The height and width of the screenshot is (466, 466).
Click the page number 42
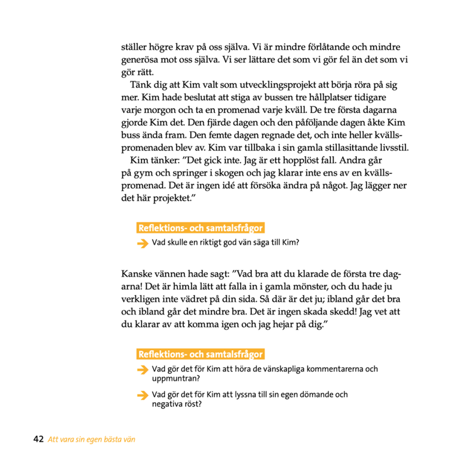tap(38, 439)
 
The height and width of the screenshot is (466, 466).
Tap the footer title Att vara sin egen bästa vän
tap(91, 439)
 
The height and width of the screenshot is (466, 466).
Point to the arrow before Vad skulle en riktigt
tap(143, 243)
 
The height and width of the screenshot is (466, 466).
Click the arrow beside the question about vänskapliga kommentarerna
tap(143, 370)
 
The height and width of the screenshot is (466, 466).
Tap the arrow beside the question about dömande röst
tap(143, 395)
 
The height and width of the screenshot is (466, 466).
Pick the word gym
tap(143, 174)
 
